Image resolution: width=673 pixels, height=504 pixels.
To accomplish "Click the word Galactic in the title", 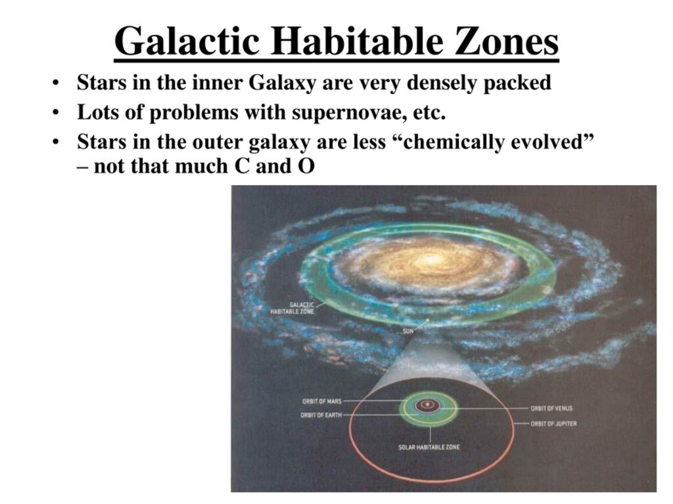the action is [187, 41].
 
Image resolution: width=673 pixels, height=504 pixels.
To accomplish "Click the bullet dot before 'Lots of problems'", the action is [55, 113].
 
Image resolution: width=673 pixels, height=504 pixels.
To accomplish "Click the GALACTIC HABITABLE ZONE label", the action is [292, 308].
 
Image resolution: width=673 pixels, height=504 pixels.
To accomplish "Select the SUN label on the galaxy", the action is [408, 331].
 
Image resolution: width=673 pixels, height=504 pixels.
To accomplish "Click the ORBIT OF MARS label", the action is [322, 401].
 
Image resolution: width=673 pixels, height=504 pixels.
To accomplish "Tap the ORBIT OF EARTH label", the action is [321, 415].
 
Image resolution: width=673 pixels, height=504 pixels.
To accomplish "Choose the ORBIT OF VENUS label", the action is [551, 408].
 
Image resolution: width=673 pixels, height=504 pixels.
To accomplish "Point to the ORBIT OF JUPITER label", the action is [553, 423].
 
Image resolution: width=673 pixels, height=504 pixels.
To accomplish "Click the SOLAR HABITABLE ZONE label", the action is [429, 447].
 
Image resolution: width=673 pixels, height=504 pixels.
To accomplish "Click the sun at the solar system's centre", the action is [427, 404].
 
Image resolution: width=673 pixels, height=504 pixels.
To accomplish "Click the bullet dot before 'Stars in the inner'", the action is [55, 83].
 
